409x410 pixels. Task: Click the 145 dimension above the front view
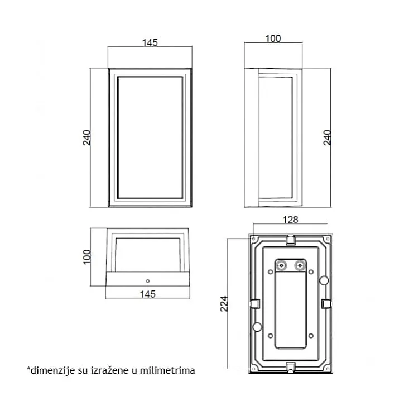[150, 42]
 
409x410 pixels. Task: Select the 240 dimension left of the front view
[86, 137]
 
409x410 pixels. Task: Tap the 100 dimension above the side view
[273, 39]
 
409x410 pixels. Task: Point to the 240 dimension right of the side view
[327, 137]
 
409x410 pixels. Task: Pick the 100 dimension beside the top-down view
[86, 257]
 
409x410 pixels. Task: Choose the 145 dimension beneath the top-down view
[148, 294]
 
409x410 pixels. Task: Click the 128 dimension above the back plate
[290, 220]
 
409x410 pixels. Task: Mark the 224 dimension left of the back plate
[224, 303]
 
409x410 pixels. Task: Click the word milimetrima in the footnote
[167, 370]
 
